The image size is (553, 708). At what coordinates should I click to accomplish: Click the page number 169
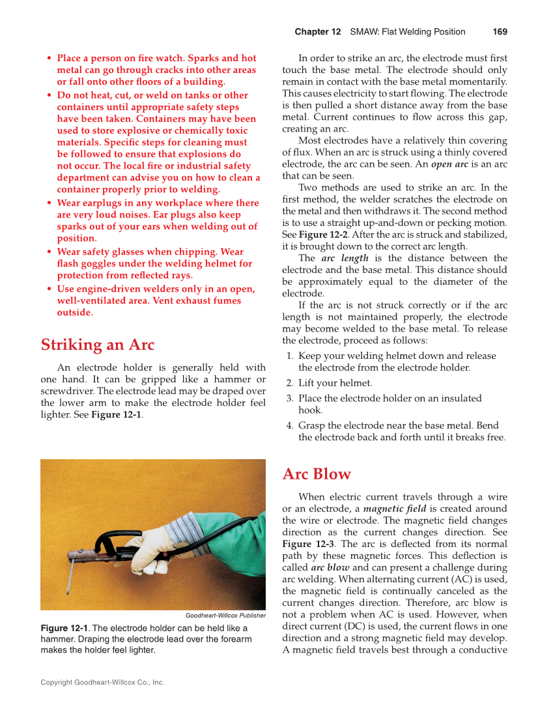[x=500, y=32]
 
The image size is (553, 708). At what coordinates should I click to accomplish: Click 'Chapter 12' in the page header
[x=317, y=32]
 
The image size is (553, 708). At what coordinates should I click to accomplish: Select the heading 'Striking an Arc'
[x=97, y=344]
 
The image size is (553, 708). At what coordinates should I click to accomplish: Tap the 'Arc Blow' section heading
[x=317, y=474]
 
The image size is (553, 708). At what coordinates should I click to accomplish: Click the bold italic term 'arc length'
[x=345, y=258]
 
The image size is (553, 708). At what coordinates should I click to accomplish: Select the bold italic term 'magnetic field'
[x=394, y=509]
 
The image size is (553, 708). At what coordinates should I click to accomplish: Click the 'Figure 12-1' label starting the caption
[x=64, y=628]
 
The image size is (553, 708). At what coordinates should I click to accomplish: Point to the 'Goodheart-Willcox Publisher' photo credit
[x=225, y=615]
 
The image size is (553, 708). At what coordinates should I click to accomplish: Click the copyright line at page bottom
[x=102, y=683]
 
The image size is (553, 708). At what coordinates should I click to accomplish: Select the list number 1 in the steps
[x=290, y=356]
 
